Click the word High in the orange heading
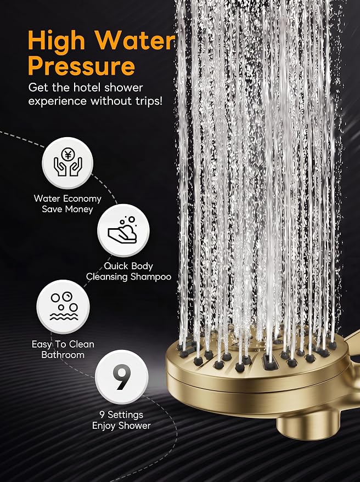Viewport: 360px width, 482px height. tap(56, 42)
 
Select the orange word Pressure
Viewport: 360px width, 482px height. tap(82, 66)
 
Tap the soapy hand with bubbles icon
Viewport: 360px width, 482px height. tap(123, 230)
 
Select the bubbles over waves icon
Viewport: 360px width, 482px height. tap(64, 306)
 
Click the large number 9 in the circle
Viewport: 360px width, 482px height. tap(121, 377)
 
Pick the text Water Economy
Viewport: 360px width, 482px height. tap(67, 199)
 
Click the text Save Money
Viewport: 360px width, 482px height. tap(67, 209)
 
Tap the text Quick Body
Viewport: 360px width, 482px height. tap(128, 266)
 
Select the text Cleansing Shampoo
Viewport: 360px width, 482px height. tap(128, 277)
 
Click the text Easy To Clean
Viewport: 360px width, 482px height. tap(63, 344)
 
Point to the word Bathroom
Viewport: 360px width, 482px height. tap(63, 355)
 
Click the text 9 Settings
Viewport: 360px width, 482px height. tap(121, 415)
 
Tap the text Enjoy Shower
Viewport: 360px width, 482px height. tap(121, 426)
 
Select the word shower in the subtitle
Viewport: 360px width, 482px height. tap(123, 88)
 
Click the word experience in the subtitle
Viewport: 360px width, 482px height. tap(58, 101)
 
